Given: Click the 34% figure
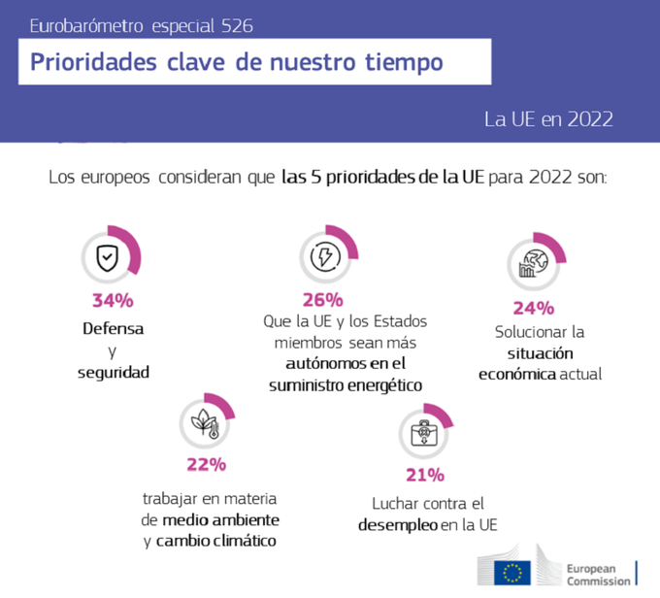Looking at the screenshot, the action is [x=113, y=301].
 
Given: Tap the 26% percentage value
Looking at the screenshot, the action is [x=323, y=300].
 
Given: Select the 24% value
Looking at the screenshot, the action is [x=533, y=309].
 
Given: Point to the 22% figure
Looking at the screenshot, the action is [x=206, y=464].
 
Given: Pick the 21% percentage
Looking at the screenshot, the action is [x=425, y=475].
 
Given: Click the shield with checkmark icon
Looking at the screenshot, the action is [x=108, y=257].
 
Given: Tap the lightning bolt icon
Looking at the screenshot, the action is [x=325, y=256].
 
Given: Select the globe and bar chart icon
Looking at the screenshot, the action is [x=533, y=264].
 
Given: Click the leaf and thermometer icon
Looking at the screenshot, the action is [x=205, y=423].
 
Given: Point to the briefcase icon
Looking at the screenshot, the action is [x=424, y=433].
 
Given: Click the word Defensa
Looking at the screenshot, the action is [x=114, y=329].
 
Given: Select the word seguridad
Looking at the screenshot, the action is [x=114, y=373].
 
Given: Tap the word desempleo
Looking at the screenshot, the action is [x=398, y=525].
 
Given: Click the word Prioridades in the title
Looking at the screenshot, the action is [x=93, y=62].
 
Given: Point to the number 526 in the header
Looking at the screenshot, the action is [x=237, y=26].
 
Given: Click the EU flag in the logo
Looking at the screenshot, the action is [x=512, y=573].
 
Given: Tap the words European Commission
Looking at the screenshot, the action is [x=599, y=575].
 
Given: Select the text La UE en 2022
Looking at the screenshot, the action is [x=548, y=119].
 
